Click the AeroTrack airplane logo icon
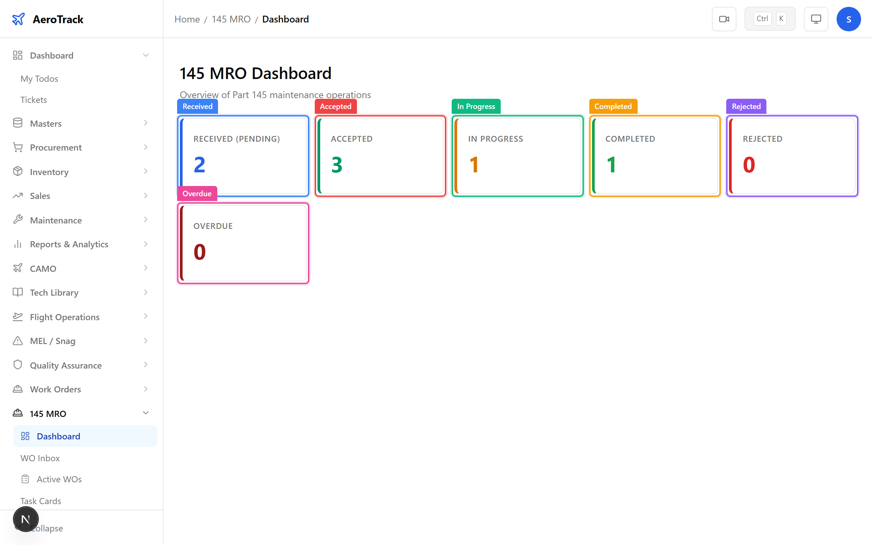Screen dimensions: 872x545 pyautogui.click(x=18, y=19)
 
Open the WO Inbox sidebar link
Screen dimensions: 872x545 pyautogui.click(x=40, y=458)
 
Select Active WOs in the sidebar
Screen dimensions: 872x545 pyautogui.click(x=59, y=479)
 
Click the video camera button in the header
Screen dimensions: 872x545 pyautogui.click(x=724, y=19)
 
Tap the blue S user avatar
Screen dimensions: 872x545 pyautogui.click(x=848, y=19)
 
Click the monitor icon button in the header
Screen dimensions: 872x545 pyautogui.click(x=816, y=19)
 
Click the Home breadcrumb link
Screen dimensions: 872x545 pyautogui.click(x=187, y=19)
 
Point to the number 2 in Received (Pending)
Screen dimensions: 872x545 pyautogui.click(x=200, y=165)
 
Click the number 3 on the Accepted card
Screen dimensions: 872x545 pyautogui.click(x=337, y=165)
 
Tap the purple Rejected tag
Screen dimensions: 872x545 pyautogui.click(x=746, y=106)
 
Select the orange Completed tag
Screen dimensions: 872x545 pyautogui.click(x=613, y=106)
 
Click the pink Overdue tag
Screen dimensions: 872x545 pyautogui.click(x=197, y=193)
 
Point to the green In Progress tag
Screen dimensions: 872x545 pyautogui.click(x=476, y=106)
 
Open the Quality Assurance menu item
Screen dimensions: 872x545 pyautogui.click(x=66, y=365)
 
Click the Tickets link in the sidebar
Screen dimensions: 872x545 pyautogui.click(x=33, y=100)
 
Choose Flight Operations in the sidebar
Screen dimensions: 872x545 pyautogui.click(x=64, y=317)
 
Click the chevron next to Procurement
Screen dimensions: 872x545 pyautogui.click(x=145, y=147)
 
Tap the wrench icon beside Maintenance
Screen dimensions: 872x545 pyautogui.click(x=18, y=219)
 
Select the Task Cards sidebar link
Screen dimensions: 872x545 pyautogui.click(x=41, y=501)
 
